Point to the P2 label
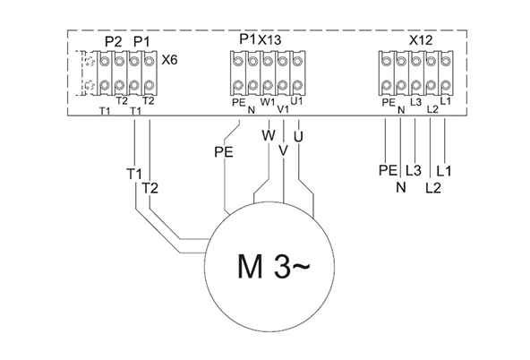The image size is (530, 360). pyautogui.click(x=113, y=42)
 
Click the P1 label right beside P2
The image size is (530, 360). pyautogui.click(x=141, y=42)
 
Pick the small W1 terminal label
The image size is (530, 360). pyautogui.click(x=268, y=101)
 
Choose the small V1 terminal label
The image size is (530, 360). pyautogui.click(x=283, y=109)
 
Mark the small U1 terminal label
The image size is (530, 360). pyautogui.click(x=296, y=101)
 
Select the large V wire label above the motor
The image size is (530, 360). pyautogui.click(x=283, y=150)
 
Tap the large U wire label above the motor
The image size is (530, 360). pyautogui.click(x=298, y=135)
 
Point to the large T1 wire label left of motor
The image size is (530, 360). pyautogui.click(x=134, y=172)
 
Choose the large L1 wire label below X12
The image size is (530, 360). pyautogui.click(x=445, y=169)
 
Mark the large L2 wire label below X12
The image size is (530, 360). pyautogui.click(x=432, y=187)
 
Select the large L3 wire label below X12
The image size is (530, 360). pyautogui.click(x=414, y=169)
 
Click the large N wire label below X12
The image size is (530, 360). pyautogui.click(x=400, y=187)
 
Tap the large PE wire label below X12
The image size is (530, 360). pyautogui.click(x=387, y=169)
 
